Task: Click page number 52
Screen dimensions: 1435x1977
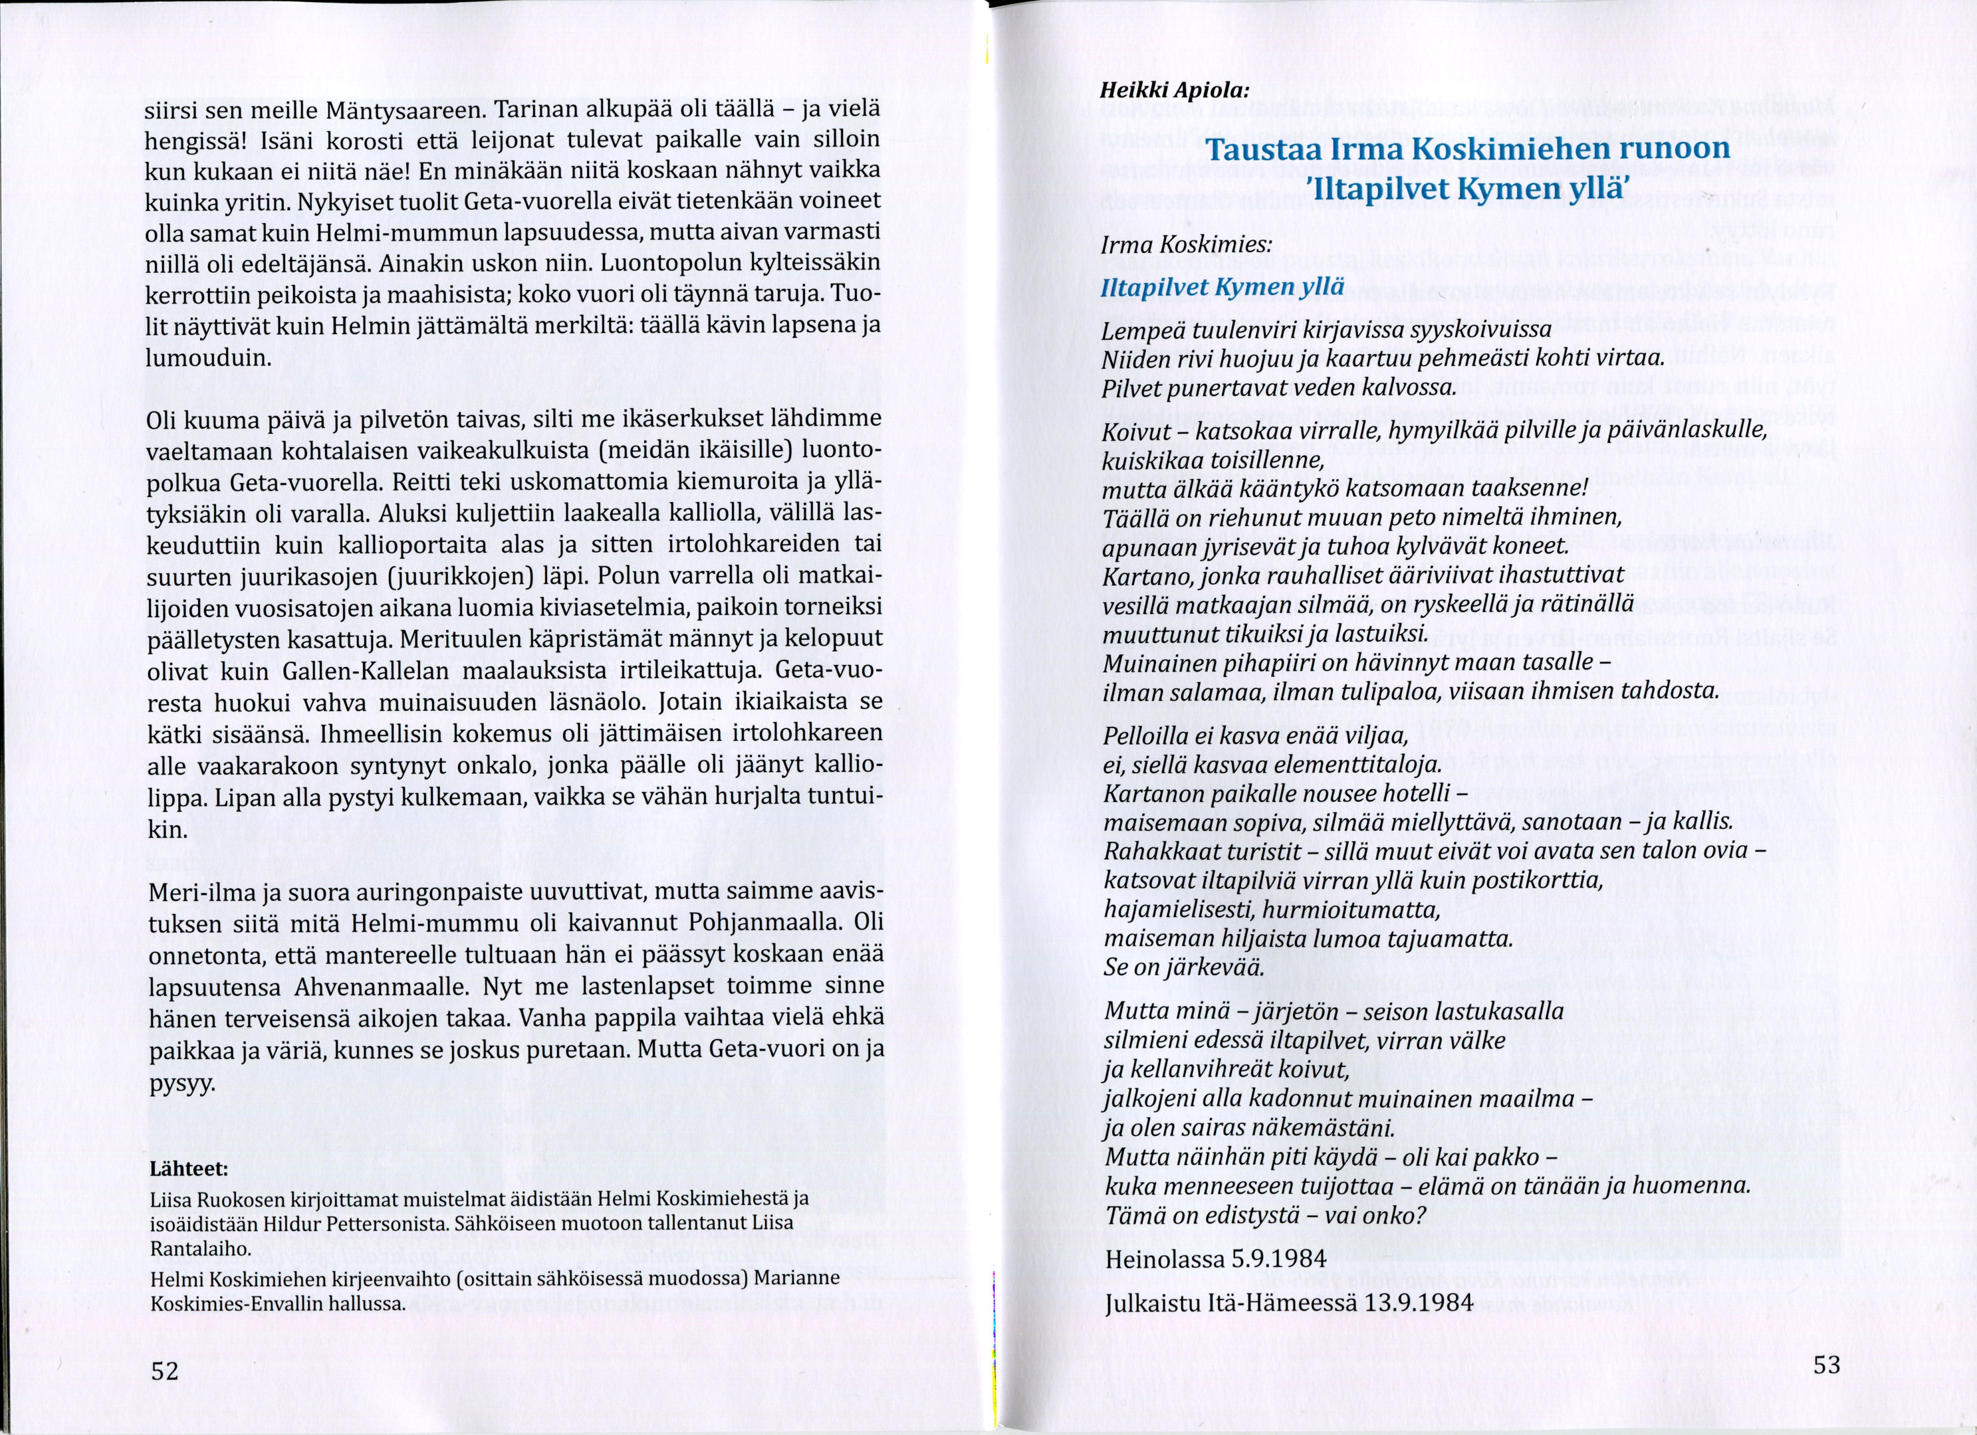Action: pos(165,1371)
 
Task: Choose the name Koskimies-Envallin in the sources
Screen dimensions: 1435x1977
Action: pos(225,1304)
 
